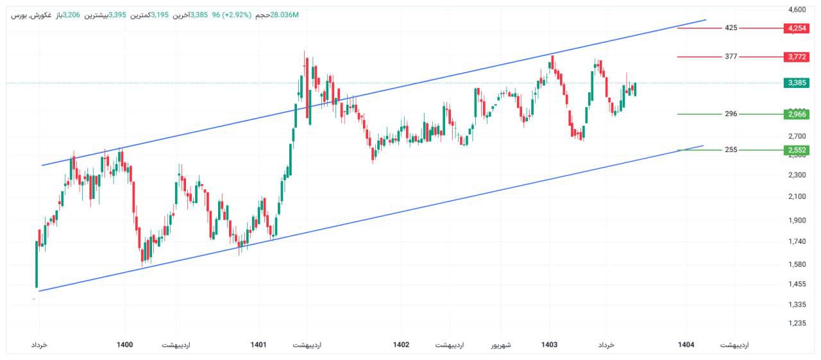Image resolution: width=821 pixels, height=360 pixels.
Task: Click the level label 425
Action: coord(731,28)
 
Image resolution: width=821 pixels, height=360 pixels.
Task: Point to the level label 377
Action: coord(731,56)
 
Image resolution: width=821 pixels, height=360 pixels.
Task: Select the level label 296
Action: coord(731,114)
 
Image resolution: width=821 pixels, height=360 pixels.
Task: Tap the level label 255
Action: coord(731,150)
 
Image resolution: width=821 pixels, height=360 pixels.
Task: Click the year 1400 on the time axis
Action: coord(125,345)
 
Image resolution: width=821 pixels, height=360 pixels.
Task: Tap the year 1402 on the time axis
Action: coord(401,345)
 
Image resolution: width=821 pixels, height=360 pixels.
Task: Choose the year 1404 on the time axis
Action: coord(686,345)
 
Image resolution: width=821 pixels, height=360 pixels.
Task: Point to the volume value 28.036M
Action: coord(285,15)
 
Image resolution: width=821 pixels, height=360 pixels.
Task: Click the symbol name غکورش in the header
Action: coord(41,15)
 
